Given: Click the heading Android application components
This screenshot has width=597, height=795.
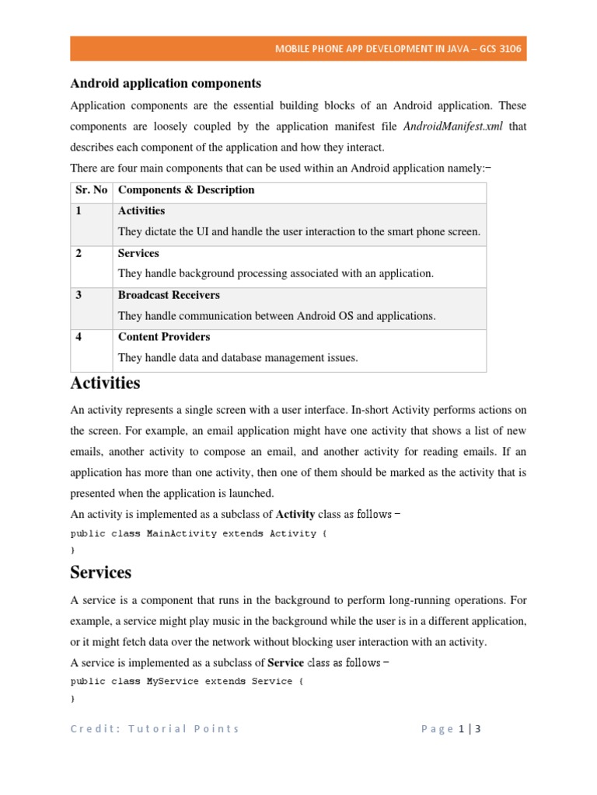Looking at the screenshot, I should (x=166, y=83).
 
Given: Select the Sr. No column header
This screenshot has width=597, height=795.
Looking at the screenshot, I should (x=89, y=190).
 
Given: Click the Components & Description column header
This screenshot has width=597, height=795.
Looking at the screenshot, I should (x=186, y=190).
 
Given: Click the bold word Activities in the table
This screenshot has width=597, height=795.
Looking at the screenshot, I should (x=141, y=211).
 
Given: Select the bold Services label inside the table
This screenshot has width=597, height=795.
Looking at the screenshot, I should (x=138, y=253).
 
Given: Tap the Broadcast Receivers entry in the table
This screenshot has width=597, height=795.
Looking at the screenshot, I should (x=169, y=295).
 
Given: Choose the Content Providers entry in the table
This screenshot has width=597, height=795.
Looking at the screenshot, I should (x=164, y=337).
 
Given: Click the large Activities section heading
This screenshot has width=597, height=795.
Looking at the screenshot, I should (x=105, y=384).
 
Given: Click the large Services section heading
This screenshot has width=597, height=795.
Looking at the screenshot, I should (x=100, y=573).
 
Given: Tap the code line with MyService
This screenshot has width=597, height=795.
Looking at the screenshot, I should (x=181, y=682).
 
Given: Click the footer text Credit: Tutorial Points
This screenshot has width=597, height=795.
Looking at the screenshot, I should (x=155, y=729).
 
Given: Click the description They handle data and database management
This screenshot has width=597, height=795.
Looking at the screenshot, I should (x=238, y=358).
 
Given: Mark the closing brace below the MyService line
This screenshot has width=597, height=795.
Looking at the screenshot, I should (x=73, y=699).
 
